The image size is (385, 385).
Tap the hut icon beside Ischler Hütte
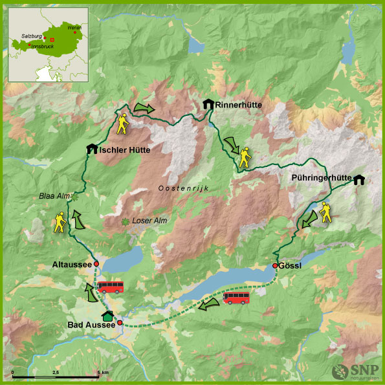tap(91, 149)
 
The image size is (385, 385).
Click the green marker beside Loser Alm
tap(125, 222)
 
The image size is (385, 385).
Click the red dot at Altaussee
tap(96, 264)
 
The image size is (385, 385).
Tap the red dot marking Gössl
tap(275, 265)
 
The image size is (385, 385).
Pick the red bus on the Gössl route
tap(236, 298)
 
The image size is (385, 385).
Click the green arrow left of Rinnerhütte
tap(144, 108)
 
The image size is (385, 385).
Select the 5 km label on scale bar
tap(102, 373)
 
